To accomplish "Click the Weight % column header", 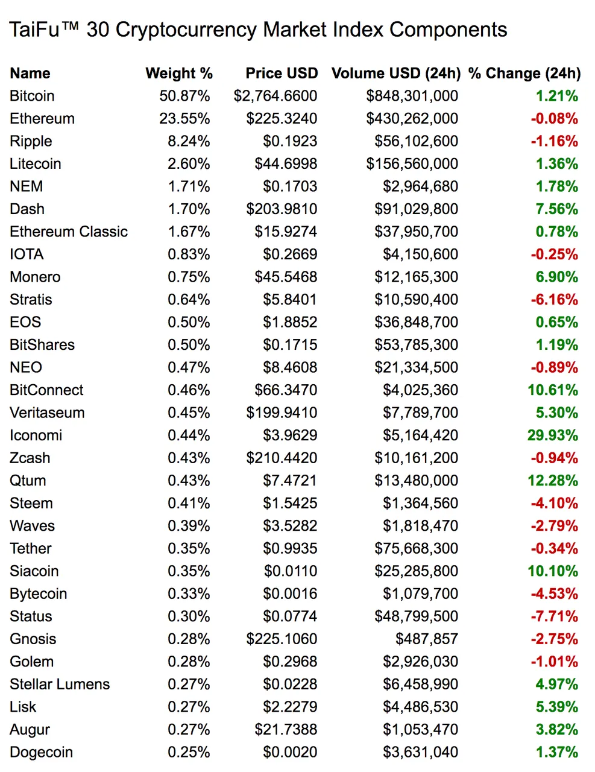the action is tap(179, 74).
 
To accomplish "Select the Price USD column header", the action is tap(282, 74).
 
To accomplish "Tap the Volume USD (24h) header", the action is tap(396, 74).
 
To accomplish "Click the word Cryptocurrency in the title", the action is tap(186, 30).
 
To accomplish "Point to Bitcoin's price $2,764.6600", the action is tap(275, 96).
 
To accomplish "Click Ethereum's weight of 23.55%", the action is tap(184, 119).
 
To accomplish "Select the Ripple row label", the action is tap(31, 142).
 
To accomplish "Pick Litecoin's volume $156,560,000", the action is tap(412, 164).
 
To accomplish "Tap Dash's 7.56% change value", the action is tap(556, 209).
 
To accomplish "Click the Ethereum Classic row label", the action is tap(69, 232).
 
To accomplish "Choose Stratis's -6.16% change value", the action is tap(554, 300).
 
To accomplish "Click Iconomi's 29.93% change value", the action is tap(552, 435).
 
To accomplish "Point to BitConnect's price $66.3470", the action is tap(285, 390).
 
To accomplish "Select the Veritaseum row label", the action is tap(47, 413).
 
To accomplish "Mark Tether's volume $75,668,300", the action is tap(416, 549).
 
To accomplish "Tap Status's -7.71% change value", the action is tap(554, 617).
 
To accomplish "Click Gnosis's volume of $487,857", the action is tap(427, 639).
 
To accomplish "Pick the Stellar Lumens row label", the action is tap(60, 685).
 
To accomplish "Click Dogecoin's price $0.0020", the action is tap(290, 753).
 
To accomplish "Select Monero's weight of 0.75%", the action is tap(189, 277).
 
